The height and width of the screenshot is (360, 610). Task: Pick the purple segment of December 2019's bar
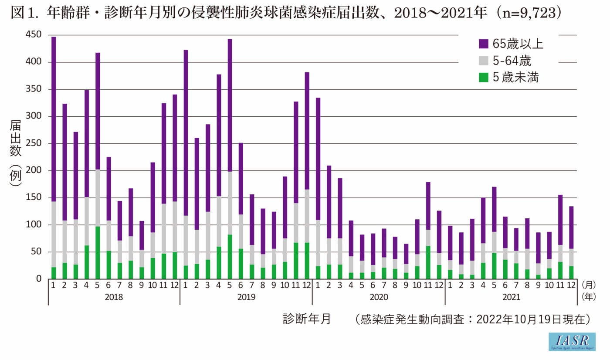point(307,131)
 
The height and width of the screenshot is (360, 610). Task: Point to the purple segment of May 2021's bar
point(494,209)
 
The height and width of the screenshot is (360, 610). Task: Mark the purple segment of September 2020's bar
point(406,254)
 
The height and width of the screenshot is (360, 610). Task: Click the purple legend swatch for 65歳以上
point(484,44)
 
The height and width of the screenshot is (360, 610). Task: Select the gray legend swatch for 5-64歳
point(484,61)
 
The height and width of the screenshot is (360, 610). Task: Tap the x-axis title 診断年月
point(307,319)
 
